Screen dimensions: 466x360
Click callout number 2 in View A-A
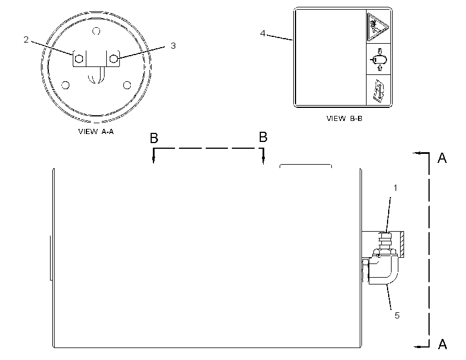pos(26,40)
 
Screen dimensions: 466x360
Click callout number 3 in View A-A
pos(173,46)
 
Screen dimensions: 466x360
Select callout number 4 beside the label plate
pos(263,34)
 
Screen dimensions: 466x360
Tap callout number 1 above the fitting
pos(396,188)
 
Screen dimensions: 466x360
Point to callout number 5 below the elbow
pos(397,316)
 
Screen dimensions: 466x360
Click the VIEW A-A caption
pos(96,131)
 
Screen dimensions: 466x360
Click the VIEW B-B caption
pos(344,118)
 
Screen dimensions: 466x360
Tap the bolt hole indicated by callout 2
pos(79,59)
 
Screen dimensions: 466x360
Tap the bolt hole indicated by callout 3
pos(114,59)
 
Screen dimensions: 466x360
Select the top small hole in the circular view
pos(96,31)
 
